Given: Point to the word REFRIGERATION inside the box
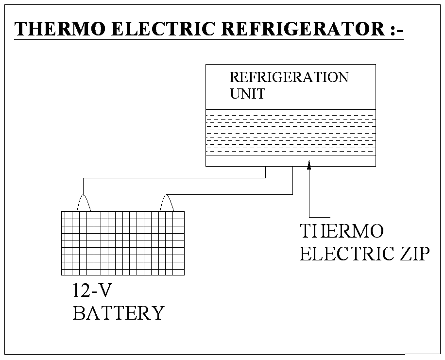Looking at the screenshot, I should tap(289, 78).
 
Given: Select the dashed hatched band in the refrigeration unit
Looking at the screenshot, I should tap(291, 132).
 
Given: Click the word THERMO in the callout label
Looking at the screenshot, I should tap(342, 231).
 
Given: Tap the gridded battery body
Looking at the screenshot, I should tap(123, 243).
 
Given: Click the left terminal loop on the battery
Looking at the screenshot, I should tap(84, 203).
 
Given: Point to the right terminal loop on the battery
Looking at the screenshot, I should tap(168, 203).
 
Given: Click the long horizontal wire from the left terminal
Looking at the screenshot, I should tap(175, 178).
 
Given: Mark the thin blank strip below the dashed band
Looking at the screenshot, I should tap(291, 161).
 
